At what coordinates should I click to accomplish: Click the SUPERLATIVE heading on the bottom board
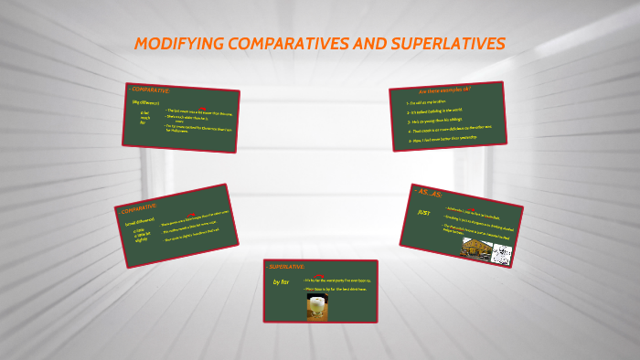tap(285, 266)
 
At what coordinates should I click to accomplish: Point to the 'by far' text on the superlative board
tap(282, 282)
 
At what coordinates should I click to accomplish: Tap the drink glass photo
tap(317, 306)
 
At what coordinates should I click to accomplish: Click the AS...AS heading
tap(431, 192)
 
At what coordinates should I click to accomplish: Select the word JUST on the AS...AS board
tap(423, 212)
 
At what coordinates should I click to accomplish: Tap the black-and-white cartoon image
tap(500, 256)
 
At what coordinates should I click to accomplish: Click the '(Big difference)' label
tap(145, 102)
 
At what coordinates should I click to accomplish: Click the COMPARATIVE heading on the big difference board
tap(151, 90)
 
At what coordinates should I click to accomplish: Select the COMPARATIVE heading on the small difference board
tap(138, 208)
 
